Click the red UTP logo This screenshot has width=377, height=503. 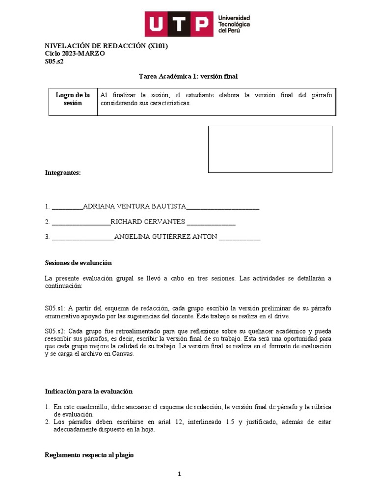pyautogui.click(x=179, y=24)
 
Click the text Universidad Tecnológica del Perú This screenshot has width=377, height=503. pyautogui.click(x=234, y=24)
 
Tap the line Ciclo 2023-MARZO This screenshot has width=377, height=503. pyautogui.click(x=75, y=54)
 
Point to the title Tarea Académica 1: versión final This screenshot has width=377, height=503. pyautogui.click(x=188, y=76)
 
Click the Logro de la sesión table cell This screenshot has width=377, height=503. pyautogui.click(x=73, y=99)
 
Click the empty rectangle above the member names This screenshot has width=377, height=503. pyautogui.click(x=270, y=149)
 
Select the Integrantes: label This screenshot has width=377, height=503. pyautogui.click(x=63, y=173)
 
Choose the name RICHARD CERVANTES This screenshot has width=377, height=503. pyautogui.click(x=148, y=222)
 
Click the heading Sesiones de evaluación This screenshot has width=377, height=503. pyautogui.click(x=79, y=263)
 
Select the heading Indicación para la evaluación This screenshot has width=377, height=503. pyautogui.click(x=89, y=391)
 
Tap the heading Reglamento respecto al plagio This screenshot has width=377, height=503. pyautogui.click(x=89, y=455)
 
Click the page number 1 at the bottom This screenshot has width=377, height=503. pyautogui.click(x=180, y=474)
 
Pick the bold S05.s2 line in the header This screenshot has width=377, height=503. pyautogui.click(x=54, y=61)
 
